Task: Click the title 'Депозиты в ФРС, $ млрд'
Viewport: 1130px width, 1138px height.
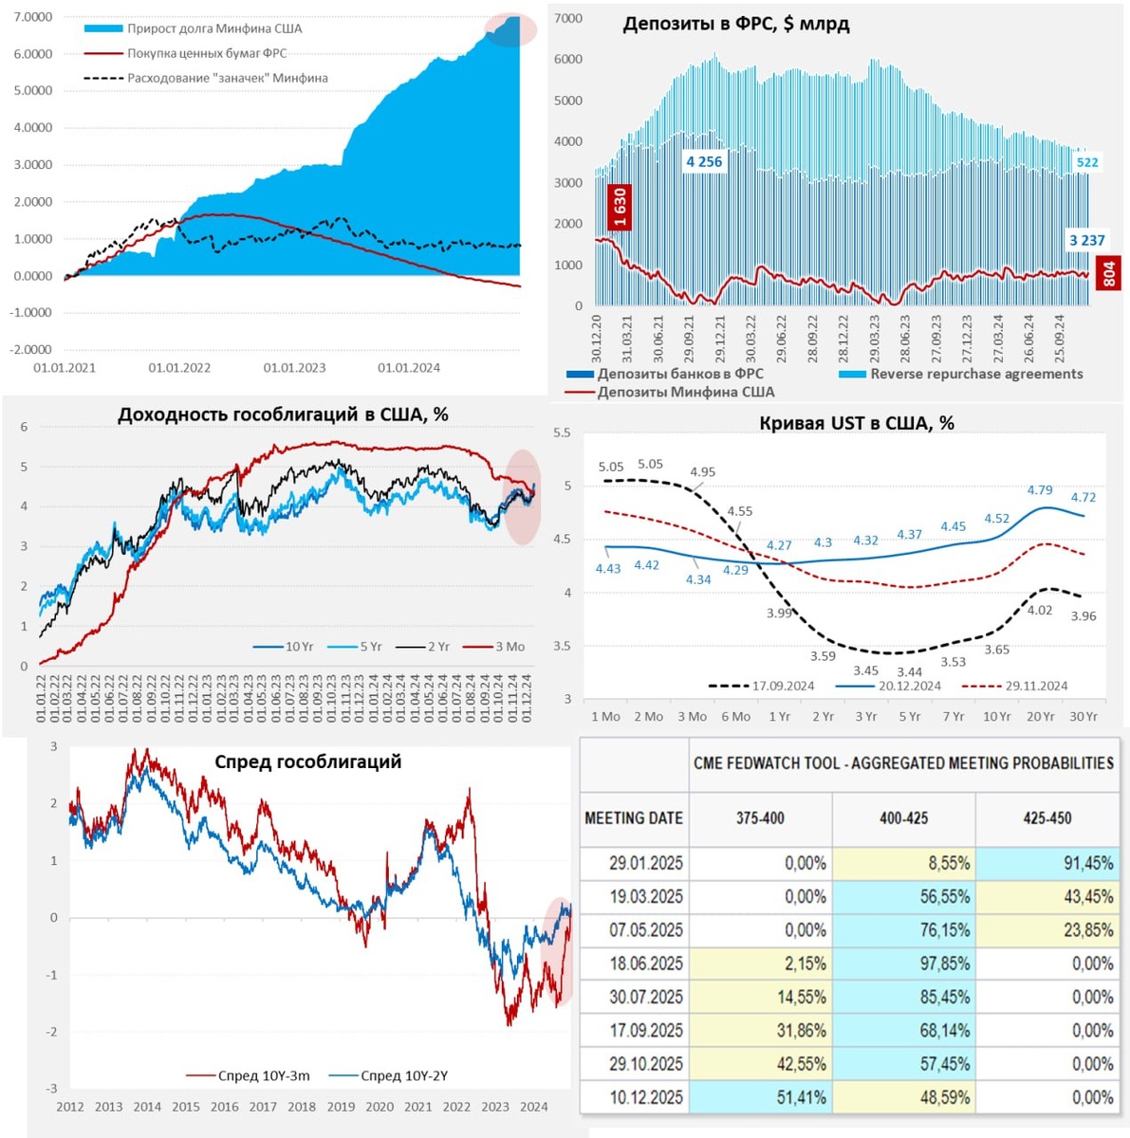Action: click(x=735, y=25)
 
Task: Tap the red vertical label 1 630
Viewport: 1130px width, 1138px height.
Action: click(x=620, y=208)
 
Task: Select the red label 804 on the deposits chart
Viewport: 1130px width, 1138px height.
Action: click(x=1108, y=275)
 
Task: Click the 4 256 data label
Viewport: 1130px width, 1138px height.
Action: click(x=704, y=162)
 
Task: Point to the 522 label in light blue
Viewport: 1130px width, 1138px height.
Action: click(x=1086, y=162)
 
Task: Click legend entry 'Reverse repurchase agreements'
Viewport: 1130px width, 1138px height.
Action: click(x=975, y=374)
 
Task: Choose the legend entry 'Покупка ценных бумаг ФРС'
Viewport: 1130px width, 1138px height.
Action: click(x=207, y=53)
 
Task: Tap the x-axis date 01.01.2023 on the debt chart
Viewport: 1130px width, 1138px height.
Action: click(x=294, y=368)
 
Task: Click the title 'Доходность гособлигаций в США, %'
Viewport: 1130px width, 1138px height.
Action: click(x=283, y=414)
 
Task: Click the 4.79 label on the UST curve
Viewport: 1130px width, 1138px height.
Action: click(x=1040, y=490)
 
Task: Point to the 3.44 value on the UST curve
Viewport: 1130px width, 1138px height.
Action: click(x=909, y=671)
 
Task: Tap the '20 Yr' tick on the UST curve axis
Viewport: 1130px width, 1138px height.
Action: click(x=1040, y=716)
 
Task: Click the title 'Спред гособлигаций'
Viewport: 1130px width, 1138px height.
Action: click(x=307, y=762)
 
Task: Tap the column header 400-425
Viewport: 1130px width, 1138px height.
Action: click(x=903, y=817)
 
